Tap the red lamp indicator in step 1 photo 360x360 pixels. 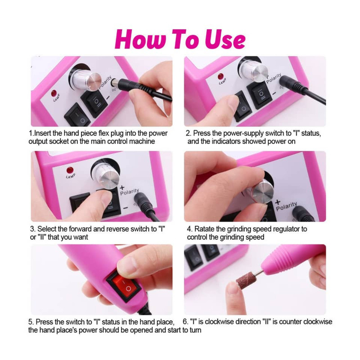[54, 94]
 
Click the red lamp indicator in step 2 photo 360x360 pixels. [220, 76]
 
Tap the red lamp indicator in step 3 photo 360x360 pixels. [70, 170]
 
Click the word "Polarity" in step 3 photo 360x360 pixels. [130, 192]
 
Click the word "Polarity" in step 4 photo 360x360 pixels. [286, 207]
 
